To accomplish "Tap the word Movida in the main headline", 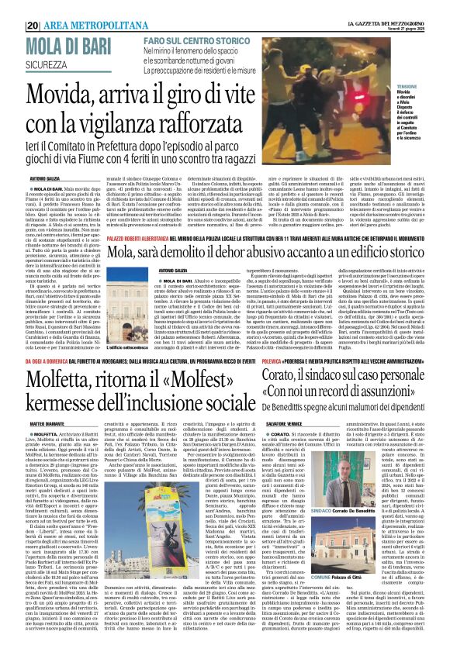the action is (x=61, y=95).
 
